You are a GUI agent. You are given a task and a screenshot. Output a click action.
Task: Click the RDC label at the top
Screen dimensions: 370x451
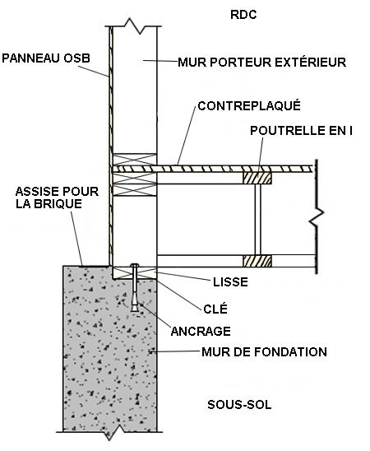[243, 15]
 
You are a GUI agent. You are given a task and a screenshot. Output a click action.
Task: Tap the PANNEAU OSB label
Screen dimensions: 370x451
[46, 58]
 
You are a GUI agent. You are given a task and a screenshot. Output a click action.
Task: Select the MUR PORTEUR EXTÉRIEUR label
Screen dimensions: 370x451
[261, 62]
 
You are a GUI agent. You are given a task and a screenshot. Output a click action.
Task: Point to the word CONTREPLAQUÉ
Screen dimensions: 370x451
[249, 106]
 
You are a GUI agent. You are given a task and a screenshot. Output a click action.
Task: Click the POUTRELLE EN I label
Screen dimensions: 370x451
[301, 131]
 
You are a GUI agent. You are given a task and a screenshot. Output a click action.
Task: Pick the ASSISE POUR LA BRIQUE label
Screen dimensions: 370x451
[57, 198]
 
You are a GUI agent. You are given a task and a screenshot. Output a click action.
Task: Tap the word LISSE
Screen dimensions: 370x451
[230, 281]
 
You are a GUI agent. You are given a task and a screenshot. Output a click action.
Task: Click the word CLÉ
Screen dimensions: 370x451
[215, 309]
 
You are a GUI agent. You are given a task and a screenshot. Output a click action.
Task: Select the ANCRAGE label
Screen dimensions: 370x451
[201, 332]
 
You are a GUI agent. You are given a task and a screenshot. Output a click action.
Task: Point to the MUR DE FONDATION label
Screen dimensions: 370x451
[264, 351]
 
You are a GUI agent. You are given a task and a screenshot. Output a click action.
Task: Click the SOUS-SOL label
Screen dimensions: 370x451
[239, 405]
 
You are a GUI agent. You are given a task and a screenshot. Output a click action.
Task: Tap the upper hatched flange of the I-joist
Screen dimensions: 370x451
[257, 178]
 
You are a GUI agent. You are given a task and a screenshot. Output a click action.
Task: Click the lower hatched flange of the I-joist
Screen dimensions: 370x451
[257, 261]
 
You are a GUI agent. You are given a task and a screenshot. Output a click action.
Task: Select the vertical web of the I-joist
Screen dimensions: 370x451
[257, 220]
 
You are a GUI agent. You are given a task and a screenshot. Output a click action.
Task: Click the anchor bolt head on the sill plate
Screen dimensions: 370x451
[135, 265]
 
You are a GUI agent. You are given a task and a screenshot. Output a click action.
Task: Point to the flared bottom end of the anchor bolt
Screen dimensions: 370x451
[135, 307]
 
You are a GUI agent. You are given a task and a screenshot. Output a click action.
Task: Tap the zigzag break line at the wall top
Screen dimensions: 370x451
[134, 26]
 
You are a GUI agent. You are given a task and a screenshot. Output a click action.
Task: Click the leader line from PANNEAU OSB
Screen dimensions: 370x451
[93, 72]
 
